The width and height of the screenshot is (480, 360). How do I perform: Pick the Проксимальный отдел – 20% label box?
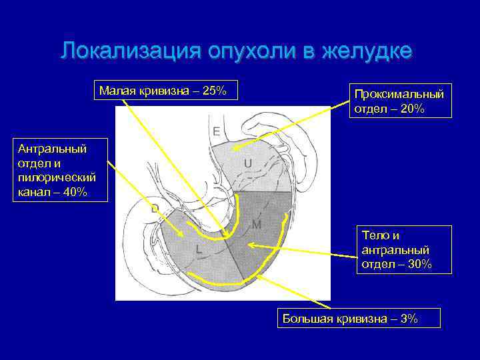(x=399, y=100)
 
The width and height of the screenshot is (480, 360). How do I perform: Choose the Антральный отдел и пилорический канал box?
(x=57, y=170)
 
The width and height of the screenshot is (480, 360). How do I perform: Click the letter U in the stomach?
(x=247, y=163)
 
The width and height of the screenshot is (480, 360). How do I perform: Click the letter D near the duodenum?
(x=154, y=209)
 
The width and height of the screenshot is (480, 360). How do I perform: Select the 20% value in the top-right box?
(x=411, y=109)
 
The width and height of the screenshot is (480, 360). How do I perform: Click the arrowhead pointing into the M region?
(x=250, y=245)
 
